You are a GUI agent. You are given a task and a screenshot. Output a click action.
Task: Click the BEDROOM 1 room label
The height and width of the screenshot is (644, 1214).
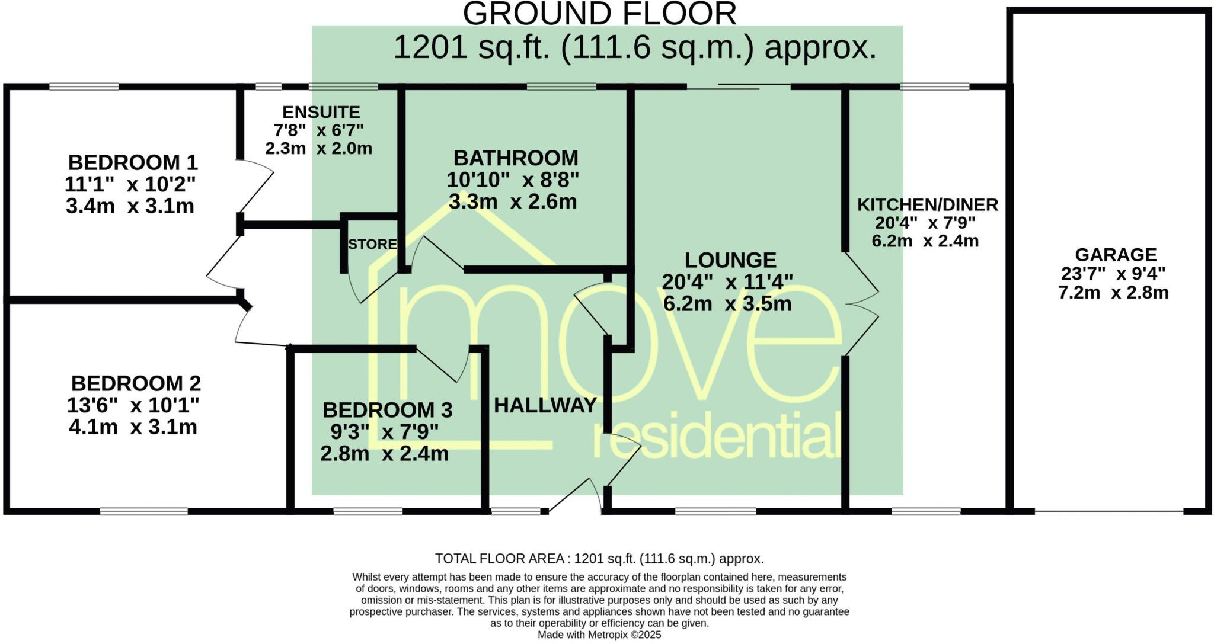pyautogui.click(x=133, y=162)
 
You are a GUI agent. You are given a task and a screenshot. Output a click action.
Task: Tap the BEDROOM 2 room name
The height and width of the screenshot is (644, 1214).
pyautogui.click(x=136, y=383)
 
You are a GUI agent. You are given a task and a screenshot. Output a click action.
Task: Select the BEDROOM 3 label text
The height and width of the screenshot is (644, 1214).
pyautogui.click(x=387, y=409)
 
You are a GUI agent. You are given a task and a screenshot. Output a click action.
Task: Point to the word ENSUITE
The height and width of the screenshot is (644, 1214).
pyautogui.click(x=321, y=112)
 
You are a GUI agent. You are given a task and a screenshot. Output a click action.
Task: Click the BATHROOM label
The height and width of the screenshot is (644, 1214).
pyautogui.click(x=516, y=158)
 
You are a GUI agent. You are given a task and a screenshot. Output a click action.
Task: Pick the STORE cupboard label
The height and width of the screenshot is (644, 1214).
pyautogui.click(x=372, y=244)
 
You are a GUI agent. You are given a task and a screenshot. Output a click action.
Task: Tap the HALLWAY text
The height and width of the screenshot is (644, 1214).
pyautogui.click(x=545, y=405)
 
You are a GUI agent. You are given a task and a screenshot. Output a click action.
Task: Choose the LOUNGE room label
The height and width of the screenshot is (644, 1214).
pyautogui.click(x=730, y=260)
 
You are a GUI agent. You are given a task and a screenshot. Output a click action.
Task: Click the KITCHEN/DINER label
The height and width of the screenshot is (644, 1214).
pyautogui.click(x=927, y=205)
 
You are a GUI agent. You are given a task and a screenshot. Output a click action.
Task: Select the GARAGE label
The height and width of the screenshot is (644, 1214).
pyautogui.click(x=1116, y=255)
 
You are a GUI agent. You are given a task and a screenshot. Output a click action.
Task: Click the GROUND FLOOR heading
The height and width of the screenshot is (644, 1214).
pyautogui.click(x=599, y=14)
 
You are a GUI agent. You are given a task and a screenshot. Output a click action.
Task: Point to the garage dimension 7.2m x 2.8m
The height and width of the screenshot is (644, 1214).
pyautogui.click(x=1113, y=293)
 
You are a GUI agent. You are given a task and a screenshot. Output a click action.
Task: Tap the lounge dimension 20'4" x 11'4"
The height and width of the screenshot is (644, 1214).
pyautogui.click(x=727, y=282)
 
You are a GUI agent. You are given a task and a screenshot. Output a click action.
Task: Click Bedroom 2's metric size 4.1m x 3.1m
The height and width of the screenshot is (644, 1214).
pyautogui.click(x=133, y=427)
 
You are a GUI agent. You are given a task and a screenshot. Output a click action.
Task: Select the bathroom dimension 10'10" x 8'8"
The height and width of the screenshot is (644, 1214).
pyautogui.click(x=513, y=180)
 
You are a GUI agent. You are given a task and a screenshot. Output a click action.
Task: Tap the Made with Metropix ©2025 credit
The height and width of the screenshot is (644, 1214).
pyautogui.click(x=599, y=635)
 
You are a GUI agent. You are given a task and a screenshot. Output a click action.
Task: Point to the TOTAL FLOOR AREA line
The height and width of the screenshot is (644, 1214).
pyautogui.click(x=599, y=559)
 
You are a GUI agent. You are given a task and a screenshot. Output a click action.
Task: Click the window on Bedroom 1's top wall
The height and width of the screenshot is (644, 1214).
pyautogui.click(x=84, y=86)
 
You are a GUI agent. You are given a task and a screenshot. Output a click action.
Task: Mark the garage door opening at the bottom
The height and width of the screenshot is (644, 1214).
pyautogui.click(x=1109, y=511)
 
